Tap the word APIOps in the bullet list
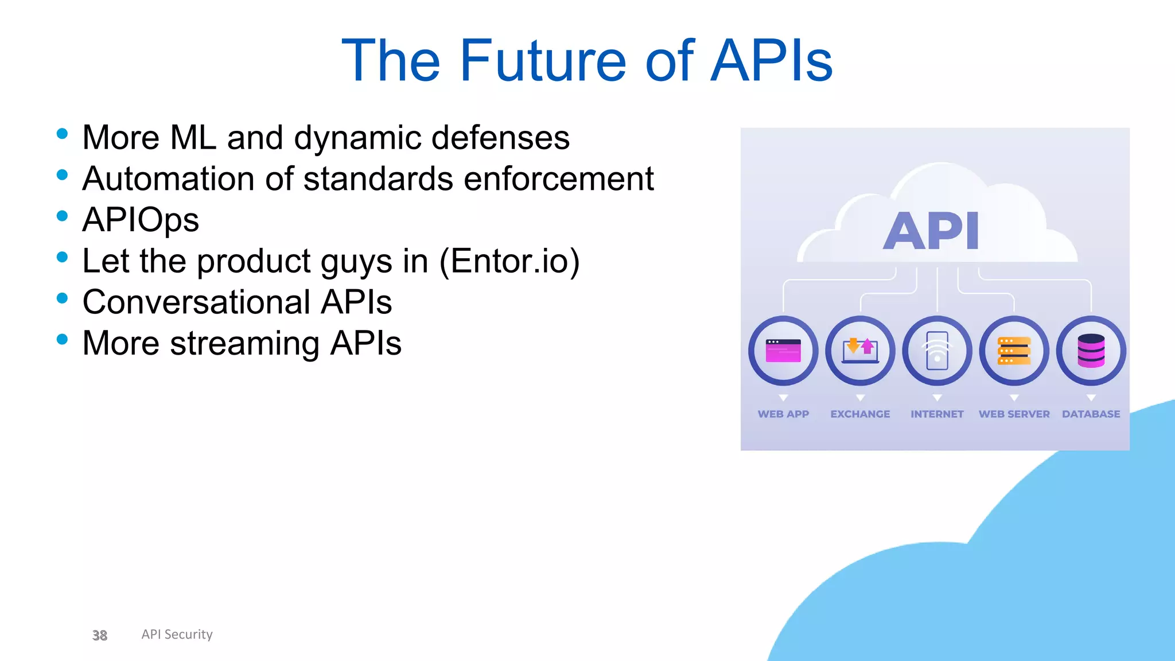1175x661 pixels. click(x=141, y=220)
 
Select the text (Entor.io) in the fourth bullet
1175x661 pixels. click(x=509, y=262)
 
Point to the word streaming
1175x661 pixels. click(x=244, y=344)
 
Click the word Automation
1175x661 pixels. click(x=168, y=179)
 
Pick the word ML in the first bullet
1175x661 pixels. click(x=193, y=138)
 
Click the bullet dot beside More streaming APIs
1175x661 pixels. click(x=63, y=339)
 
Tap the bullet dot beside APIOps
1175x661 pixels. click(x=63, y=216)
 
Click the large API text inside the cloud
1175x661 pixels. click(x=931, y=231)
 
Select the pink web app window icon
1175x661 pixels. click(x=783, y=351)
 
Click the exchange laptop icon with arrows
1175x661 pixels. click(x=860, y=351)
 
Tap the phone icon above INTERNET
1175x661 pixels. click(x=937, y=351)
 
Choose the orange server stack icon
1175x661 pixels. click(x=1014, y=351)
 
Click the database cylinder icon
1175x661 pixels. click(x=1091, y=351)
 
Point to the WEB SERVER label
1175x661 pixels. click(x=1014, y=414)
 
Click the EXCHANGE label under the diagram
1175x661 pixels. click(x=860, y=414)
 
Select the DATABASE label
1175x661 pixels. click(x=1091, y=414)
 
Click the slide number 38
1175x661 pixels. click(x=100, y=635)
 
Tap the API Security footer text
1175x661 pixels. click(x=177, y=634)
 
